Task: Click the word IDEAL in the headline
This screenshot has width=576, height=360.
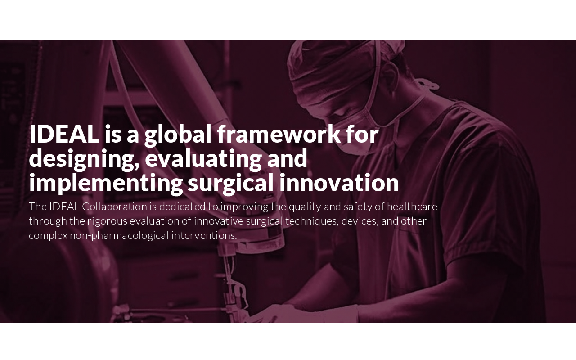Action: [64, 134]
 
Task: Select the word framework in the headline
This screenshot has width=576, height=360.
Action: [279, 134]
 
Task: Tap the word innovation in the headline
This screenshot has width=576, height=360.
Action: [339, 183]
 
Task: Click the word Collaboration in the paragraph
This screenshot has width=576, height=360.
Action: [114, 207]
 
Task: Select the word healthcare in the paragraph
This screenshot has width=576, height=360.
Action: [412, 207]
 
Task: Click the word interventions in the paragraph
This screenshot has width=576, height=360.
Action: [204, 235]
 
